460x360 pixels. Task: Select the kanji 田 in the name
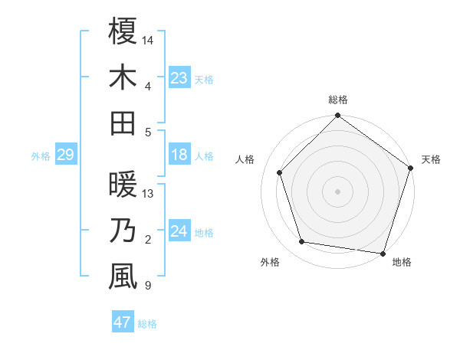click(123, 123)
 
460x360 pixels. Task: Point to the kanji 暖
click(123, 185)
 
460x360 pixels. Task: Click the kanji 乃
click(123, 231)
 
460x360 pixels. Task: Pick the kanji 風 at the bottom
click(123, 277)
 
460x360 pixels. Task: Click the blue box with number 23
click(179, 77)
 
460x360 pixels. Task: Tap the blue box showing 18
click(179, 155)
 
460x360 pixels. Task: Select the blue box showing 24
click(179, 232)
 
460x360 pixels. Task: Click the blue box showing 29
click(65, 155)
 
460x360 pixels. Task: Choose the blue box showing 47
click(123, 322)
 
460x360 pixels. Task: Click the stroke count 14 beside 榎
click(148, 39)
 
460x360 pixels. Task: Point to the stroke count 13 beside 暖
click(148, 194)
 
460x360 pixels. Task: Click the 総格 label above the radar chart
click(338, 100)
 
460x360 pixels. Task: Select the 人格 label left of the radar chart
click(245, 159)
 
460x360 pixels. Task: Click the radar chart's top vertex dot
click(338, 116)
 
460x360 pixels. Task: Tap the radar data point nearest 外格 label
click(302, 242)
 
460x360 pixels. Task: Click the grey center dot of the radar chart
click(338, 191)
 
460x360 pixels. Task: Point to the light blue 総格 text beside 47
click(147, 324)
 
